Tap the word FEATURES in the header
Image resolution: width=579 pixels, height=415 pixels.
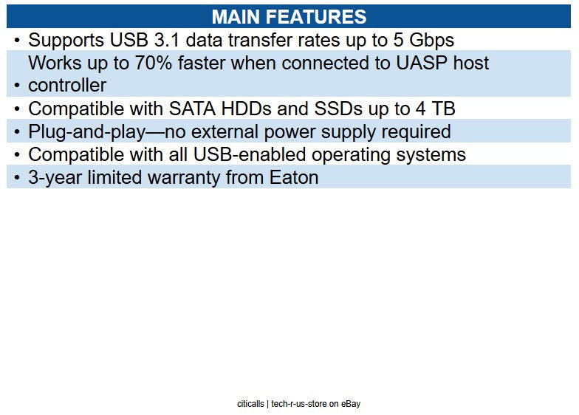(321, 17)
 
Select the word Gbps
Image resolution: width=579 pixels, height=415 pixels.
(430, 40)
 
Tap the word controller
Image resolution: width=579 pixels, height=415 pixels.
(67, 86)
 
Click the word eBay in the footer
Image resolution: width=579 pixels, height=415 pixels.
(350, 404)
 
